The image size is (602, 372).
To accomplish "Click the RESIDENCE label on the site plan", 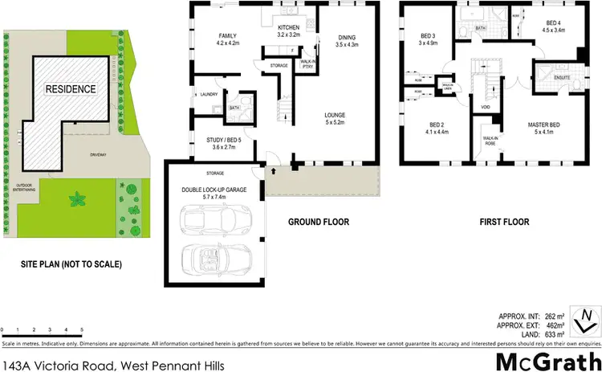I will point(71,88).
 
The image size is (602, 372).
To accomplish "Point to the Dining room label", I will point(347,41).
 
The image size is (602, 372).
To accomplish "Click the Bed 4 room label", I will point(554,27).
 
